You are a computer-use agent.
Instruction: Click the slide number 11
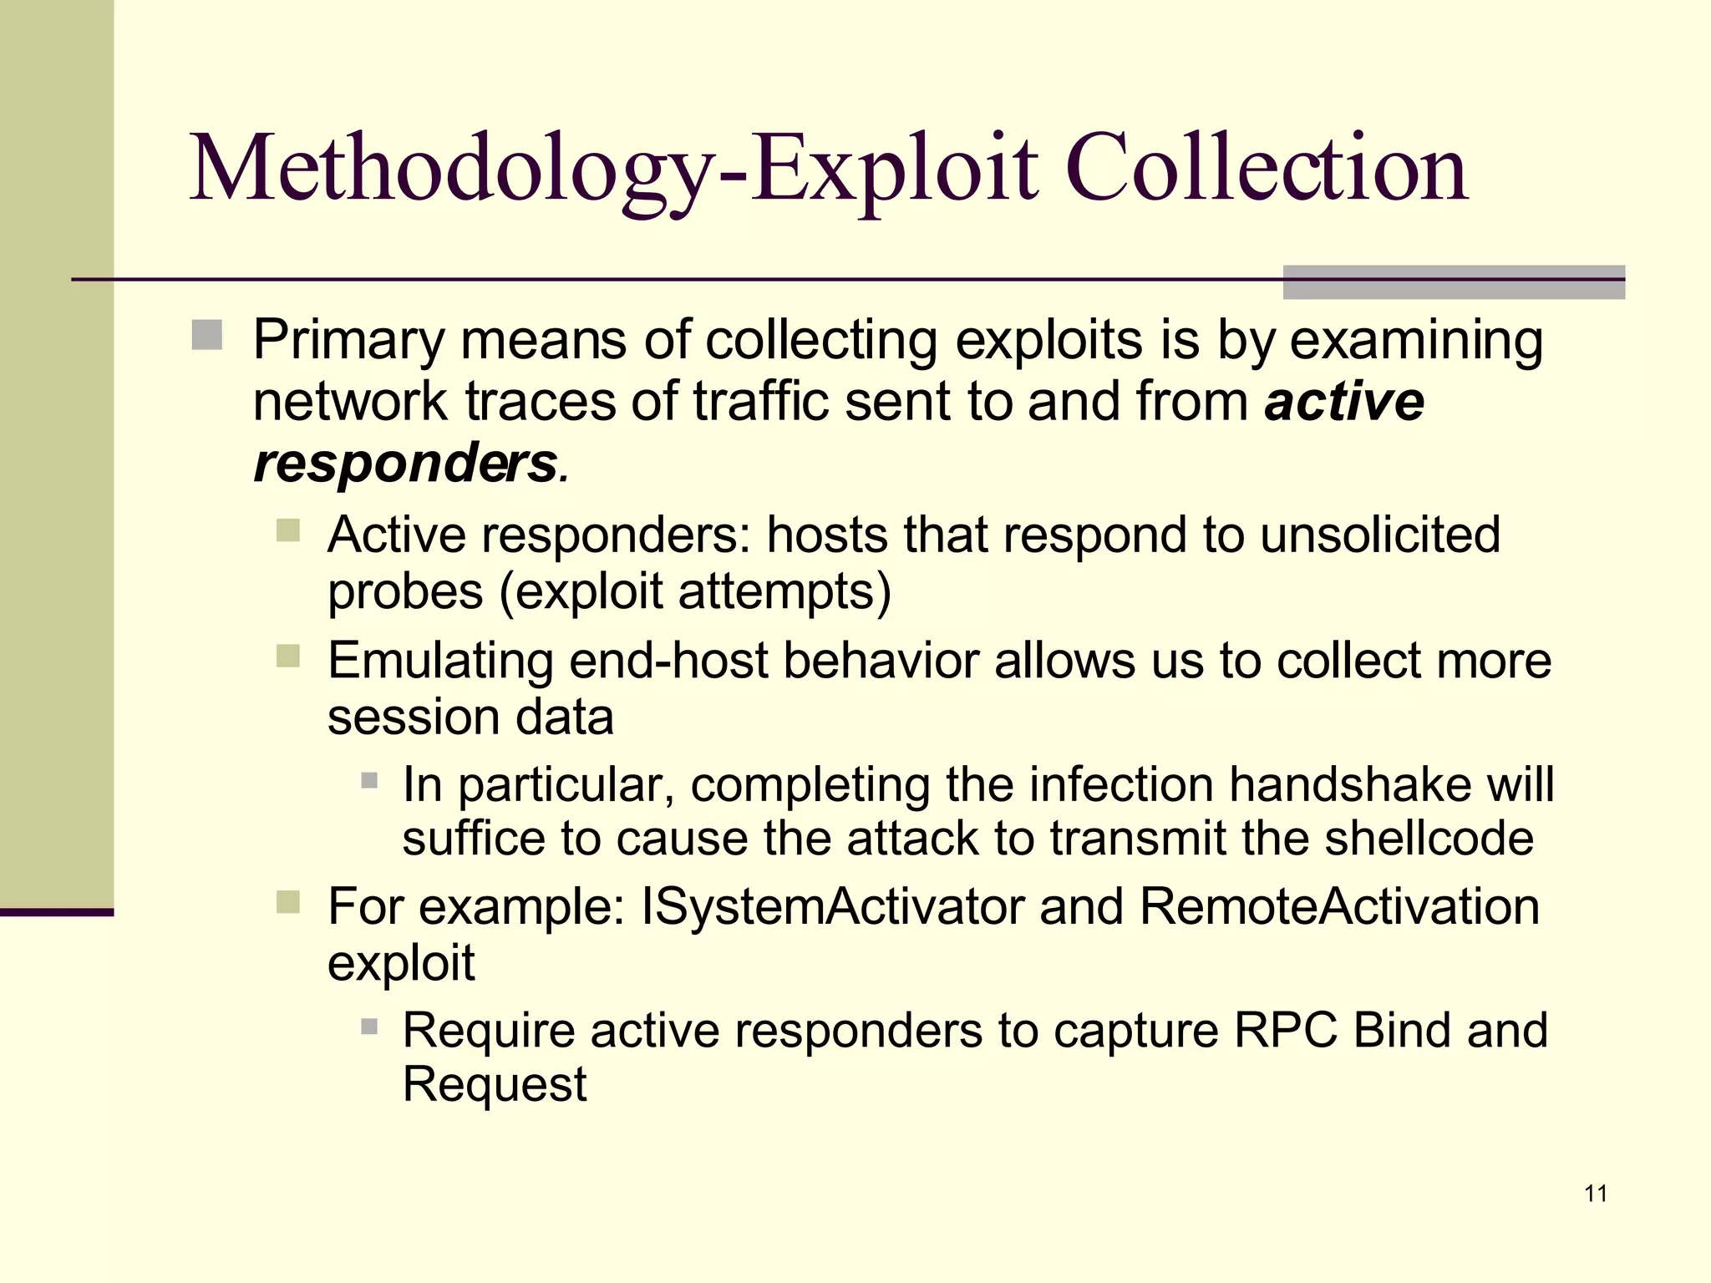(x=1596, y=1194)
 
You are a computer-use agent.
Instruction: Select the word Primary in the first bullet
(x=349, y=341)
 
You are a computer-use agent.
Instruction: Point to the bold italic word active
(x=1343, y=402)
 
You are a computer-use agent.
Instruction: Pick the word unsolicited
(x=1380, y=535)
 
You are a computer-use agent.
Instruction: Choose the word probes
(x=405, y=591)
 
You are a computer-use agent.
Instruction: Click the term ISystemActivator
(x=832, y=906)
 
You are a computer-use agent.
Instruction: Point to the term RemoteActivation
(x=1338, y=906)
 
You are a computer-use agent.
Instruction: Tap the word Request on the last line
(x=495, y=1084)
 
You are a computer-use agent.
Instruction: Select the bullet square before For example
(x=288, y=902)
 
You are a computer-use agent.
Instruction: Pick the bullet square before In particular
(x=369, y=781)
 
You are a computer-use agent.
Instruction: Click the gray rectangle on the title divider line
(x=1454, y=281)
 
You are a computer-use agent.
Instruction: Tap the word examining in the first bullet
(x=1416, y=341)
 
